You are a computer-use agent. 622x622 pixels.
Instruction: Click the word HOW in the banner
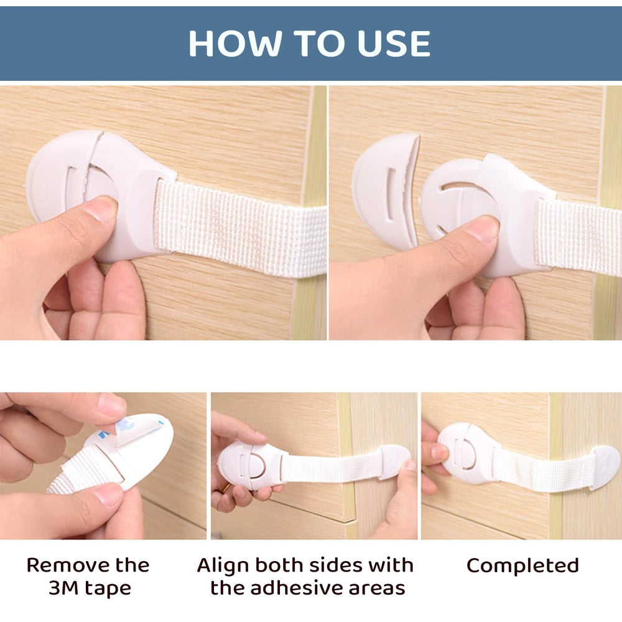tap(236, 44)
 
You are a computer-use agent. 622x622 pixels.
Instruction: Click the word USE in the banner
tap(394, 44)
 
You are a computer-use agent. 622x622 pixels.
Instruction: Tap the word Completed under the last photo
tap(522, 565)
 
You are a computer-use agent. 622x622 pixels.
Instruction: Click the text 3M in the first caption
tap(63, 588)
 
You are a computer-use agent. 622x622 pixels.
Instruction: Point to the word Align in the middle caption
tap(223, 565)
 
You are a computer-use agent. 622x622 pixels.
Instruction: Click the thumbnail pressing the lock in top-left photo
tap(101, 208)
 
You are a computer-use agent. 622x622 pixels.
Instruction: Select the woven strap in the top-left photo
tap(240, 226)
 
